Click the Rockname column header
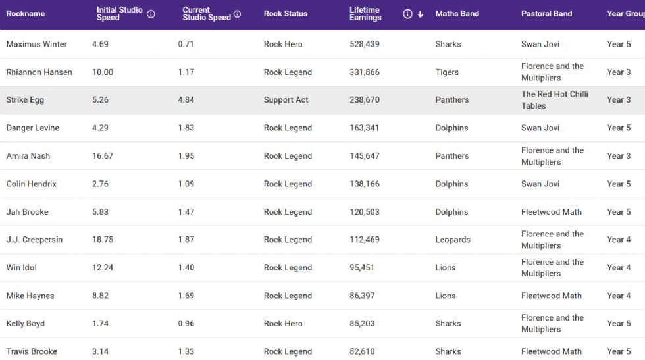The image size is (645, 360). pyautogui.click(x=26, y=14)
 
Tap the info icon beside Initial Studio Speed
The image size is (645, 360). pyautogui.click(x=151, y=14)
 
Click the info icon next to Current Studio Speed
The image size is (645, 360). pyautogui.click(x=238, y=14)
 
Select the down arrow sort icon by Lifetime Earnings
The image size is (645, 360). pyautogui.click(x=421, y=14)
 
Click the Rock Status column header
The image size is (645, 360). pyautogui.click(x=286, y=14)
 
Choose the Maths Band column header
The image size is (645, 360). pyautogui.click(x=457, y=14)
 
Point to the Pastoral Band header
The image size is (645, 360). pyautogui.click(x=546, y=14)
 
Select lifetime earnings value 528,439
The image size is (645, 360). pyautogui.click(x=365, y=44)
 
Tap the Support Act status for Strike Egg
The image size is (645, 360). pyautogui.click(x=286, y=100)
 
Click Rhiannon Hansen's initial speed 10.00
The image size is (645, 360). pyautogui.click(x=103, y=72)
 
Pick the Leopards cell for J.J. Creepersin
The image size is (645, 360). pyautogui.click(x=453, y=240)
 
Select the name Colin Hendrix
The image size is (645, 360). pyautogui.click(x=32, y=184)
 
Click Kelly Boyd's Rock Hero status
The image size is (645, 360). pyautogui.click(x=283, y=324)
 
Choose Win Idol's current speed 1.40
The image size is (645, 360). pyautogui.click(x=186, y=268)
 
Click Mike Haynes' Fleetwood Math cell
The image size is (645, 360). pyautogui.click(x=552, y=296)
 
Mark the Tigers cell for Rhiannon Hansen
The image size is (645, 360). pyautogui.click(x=447, y=72)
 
